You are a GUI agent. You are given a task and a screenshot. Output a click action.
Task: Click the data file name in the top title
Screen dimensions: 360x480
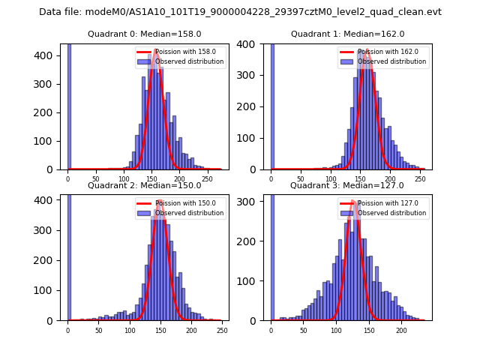coord(240,12)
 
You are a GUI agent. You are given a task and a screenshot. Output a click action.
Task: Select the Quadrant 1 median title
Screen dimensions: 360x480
coord(347,34)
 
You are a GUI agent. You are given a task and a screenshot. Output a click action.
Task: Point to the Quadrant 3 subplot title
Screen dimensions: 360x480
coord(347,185)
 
